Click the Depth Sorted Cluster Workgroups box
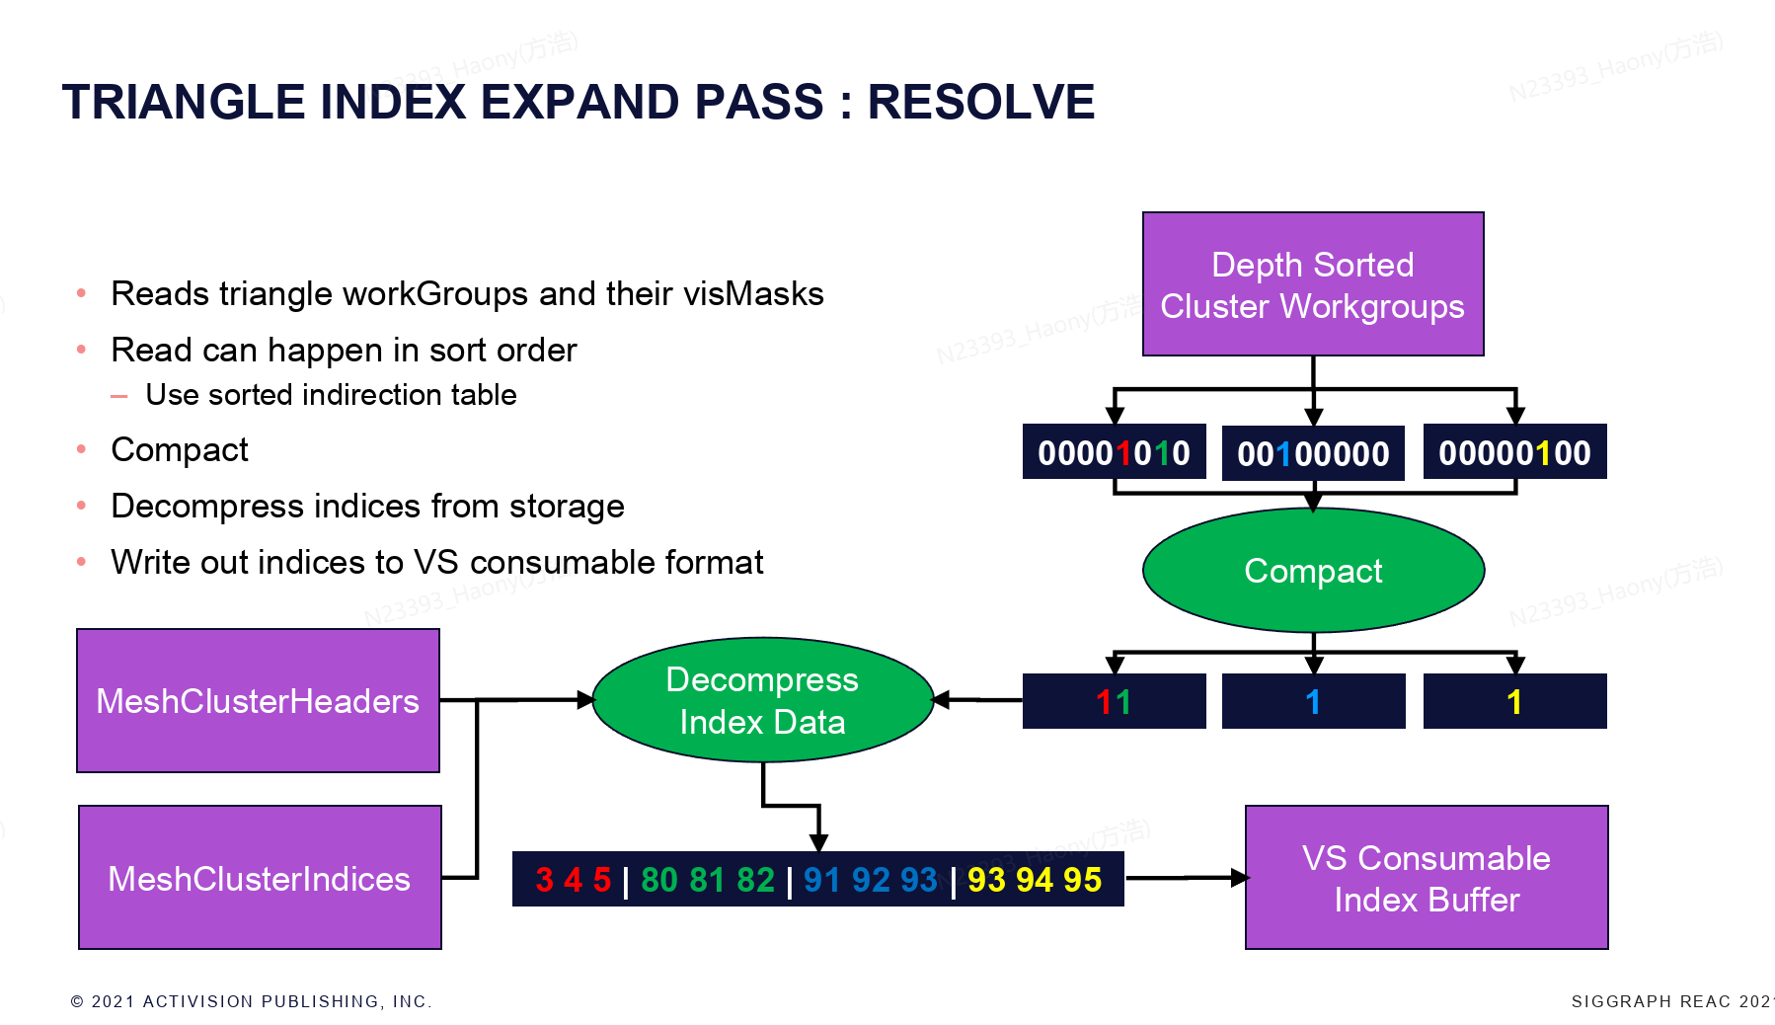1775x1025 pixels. click(x=1313, y=284)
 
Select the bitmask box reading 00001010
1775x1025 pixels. click(x=1114, y=452)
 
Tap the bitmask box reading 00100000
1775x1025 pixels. click(x=1313, y=453)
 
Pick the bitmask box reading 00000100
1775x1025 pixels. click(x=1514, y=452)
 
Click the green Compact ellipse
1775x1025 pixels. click(x=1313, y=571)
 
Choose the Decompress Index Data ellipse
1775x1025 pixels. click(x=762, y=700)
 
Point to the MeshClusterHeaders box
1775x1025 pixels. click(x=258, y=701)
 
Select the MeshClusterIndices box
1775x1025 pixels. click(x=260, y=878)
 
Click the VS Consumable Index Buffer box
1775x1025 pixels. click(x=1427, y=878)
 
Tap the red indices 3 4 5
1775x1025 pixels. click(x=573, y=880)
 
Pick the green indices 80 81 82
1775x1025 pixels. click(x=708, y=880)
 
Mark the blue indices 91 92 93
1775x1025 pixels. click(x=870, y=880)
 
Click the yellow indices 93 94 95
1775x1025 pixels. click(x=1035, y=880)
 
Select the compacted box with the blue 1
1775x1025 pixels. click(x=1313, y=702)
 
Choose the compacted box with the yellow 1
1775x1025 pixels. click(x=1514, y=702)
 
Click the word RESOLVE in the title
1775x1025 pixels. click(x=981, y=102)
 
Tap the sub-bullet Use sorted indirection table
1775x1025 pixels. click(x=331, y=395)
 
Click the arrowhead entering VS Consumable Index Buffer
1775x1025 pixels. click(x=1239, y=877)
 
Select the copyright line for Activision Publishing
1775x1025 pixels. click(x=251, y=1001)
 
